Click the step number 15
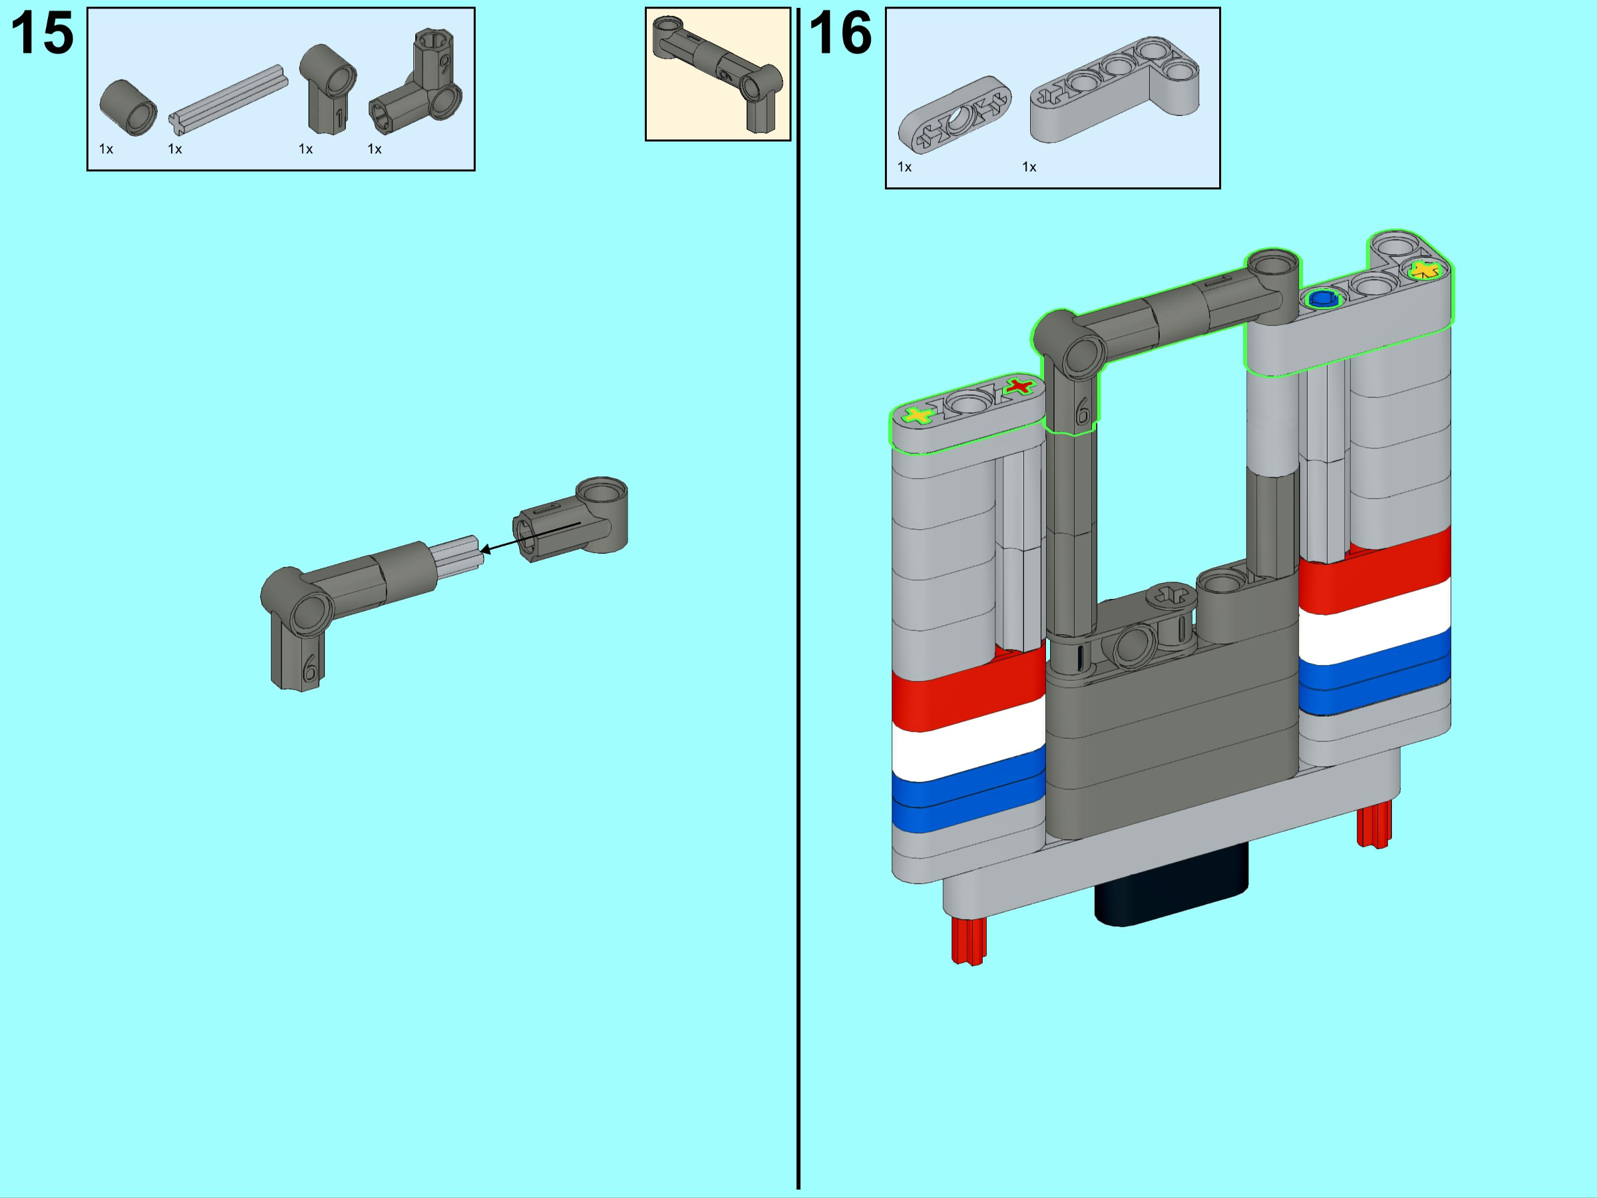click(42, 34)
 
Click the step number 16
click(840, 34)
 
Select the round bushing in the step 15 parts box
click(128, 108)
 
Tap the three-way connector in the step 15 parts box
click(416, 83)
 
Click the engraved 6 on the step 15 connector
click(309, 668)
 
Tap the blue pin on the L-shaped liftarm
click(1323, 298)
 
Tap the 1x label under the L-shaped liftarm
click(1029, 168)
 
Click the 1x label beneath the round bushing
click(106, 150)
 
